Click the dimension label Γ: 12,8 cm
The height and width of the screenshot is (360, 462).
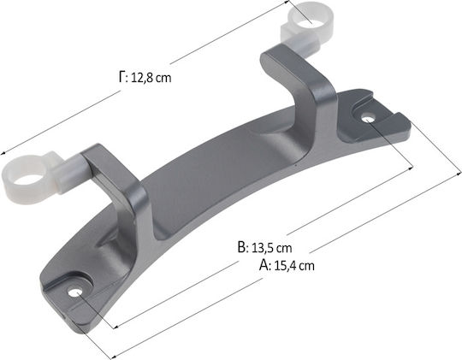point(145,78)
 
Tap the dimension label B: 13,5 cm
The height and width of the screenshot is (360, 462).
point(264,247)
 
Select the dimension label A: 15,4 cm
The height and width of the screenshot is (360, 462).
point(287,265)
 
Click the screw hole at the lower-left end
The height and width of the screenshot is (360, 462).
point(74,292)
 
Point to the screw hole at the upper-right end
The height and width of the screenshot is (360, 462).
point(368,120)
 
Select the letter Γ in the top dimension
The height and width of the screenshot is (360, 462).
point(122,77)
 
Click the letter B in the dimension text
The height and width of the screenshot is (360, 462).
point(241,247)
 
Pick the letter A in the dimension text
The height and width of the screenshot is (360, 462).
point(264,265)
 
